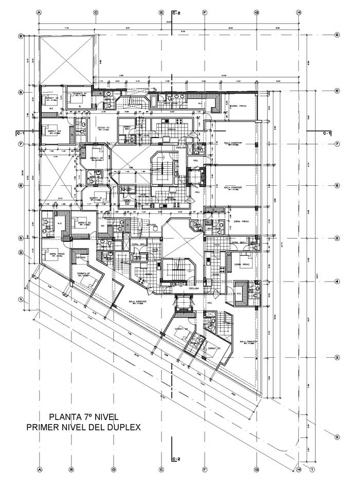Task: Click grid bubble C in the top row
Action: (x=96, y=12)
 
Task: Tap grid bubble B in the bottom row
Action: (x=71, y=469)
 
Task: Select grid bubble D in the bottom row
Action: (x=113, y=469)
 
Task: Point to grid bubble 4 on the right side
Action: (x=336, y=282)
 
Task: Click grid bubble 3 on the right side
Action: (x=336, y=358)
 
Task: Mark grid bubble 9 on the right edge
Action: (x=336, y=36)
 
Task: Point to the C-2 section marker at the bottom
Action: (x=175, y=459)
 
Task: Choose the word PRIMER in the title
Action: (x=46, y=427)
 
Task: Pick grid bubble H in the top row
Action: (x=299, y=12)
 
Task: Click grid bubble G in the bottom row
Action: (x=256, y=469)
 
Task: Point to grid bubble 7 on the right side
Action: (x=336, y=144)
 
